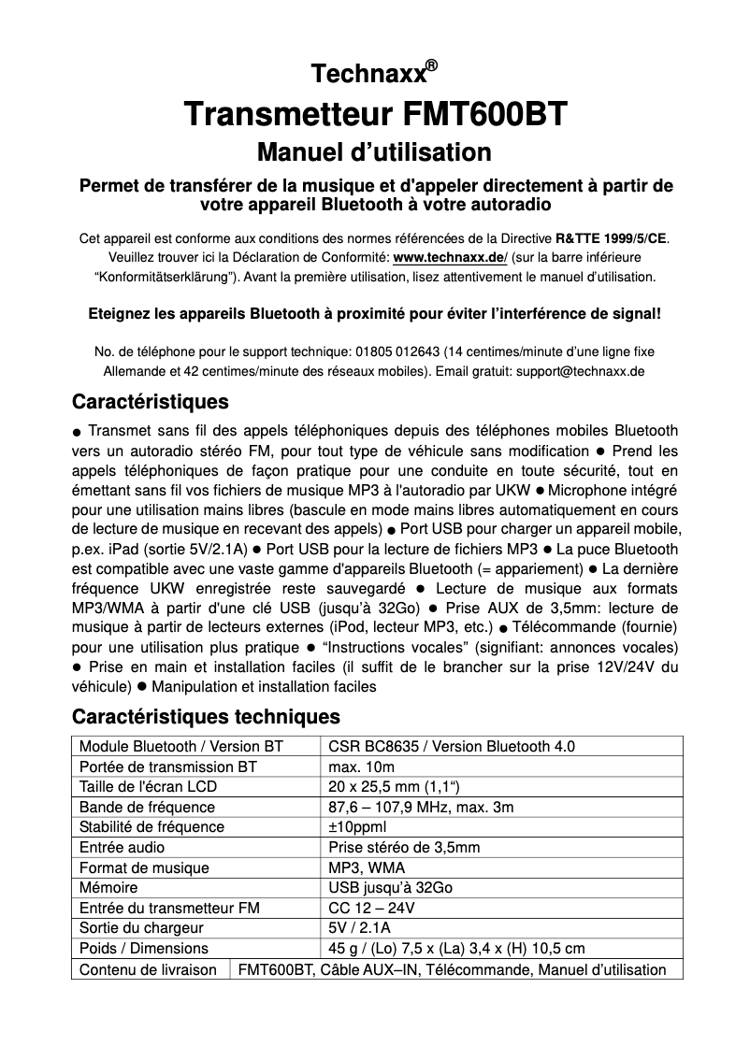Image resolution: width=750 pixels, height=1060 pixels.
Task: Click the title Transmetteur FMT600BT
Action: click(375, 114)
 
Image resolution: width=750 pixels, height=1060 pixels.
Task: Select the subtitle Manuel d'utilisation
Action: click(374, 151)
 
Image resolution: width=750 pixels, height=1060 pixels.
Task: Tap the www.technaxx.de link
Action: click(450, 257)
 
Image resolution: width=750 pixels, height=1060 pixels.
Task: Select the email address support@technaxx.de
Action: click(580, 371)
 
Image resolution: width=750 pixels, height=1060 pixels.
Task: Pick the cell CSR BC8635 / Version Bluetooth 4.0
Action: click(452, 746)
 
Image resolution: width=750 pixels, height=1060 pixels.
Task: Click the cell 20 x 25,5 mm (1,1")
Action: click(390, 787)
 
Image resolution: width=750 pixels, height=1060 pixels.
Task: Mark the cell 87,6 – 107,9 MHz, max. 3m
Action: click(421, 807)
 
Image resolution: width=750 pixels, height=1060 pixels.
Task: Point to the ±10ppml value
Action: click(356, 826)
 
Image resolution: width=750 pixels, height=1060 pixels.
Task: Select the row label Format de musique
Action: click(144, 867)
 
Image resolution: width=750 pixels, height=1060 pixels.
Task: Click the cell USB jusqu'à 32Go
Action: click(390, 888)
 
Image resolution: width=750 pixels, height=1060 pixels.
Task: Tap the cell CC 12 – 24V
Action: click(371, 908)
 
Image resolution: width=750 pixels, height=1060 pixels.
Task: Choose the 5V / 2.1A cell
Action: click(360, 928)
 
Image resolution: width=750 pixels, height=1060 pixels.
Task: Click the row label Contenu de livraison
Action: click(148, 969)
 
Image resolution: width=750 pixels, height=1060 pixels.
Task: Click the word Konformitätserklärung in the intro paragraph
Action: click(165, 277)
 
